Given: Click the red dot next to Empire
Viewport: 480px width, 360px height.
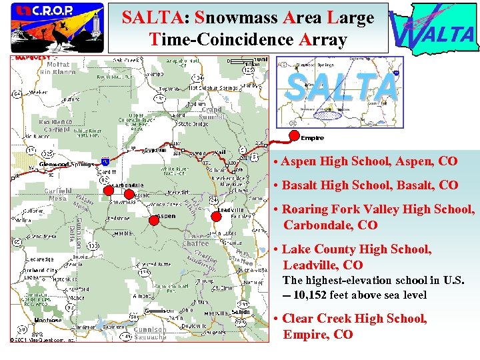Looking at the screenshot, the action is [294, 136].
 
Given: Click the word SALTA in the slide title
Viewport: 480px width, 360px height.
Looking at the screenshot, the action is [147, 18].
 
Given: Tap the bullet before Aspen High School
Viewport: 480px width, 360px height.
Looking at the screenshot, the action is [276, 162].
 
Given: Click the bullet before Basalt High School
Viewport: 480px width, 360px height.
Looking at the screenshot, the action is [276, 185].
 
